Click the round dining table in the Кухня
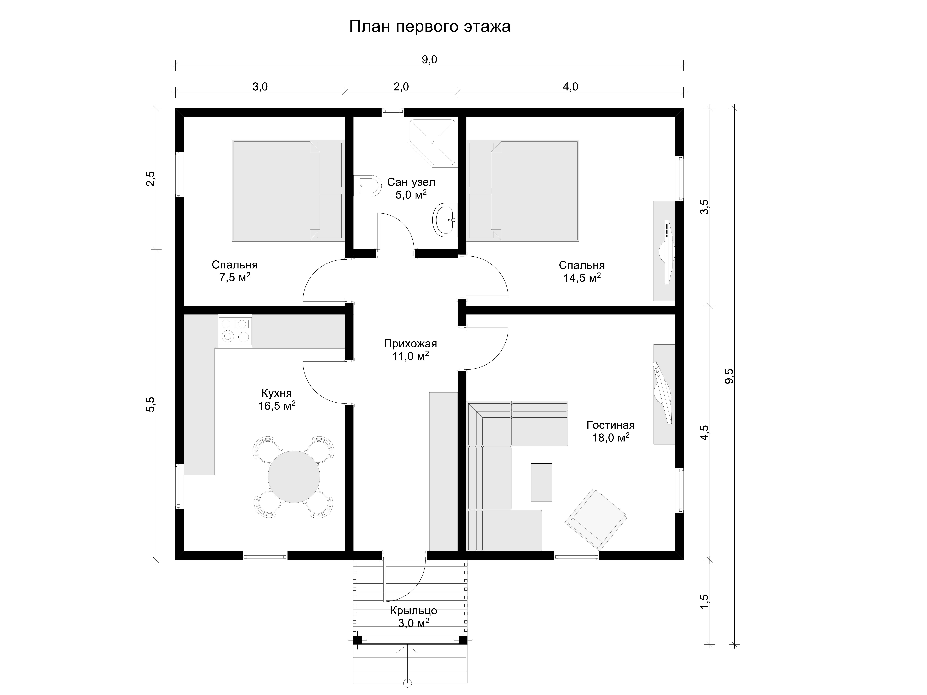[x=294, y=477]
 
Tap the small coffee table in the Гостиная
[x=541, y=482]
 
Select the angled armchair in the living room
[x=596, y=520]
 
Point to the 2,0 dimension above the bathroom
[x=401, y=87]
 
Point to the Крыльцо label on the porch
[x=414, y=610]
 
